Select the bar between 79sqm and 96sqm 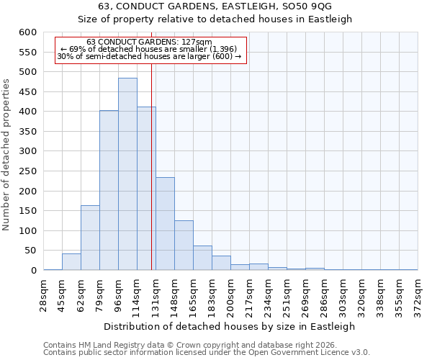(x=109, y=190)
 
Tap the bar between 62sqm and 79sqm (x=90, y=238)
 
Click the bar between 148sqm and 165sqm (x=184, y=245)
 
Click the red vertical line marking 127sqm (x=151, y=166)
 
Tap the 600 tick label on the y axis (x=27, y=32)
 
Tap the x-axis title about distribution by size (x=230, y=326)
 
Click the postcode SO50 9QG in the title (x=312, y=6)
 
